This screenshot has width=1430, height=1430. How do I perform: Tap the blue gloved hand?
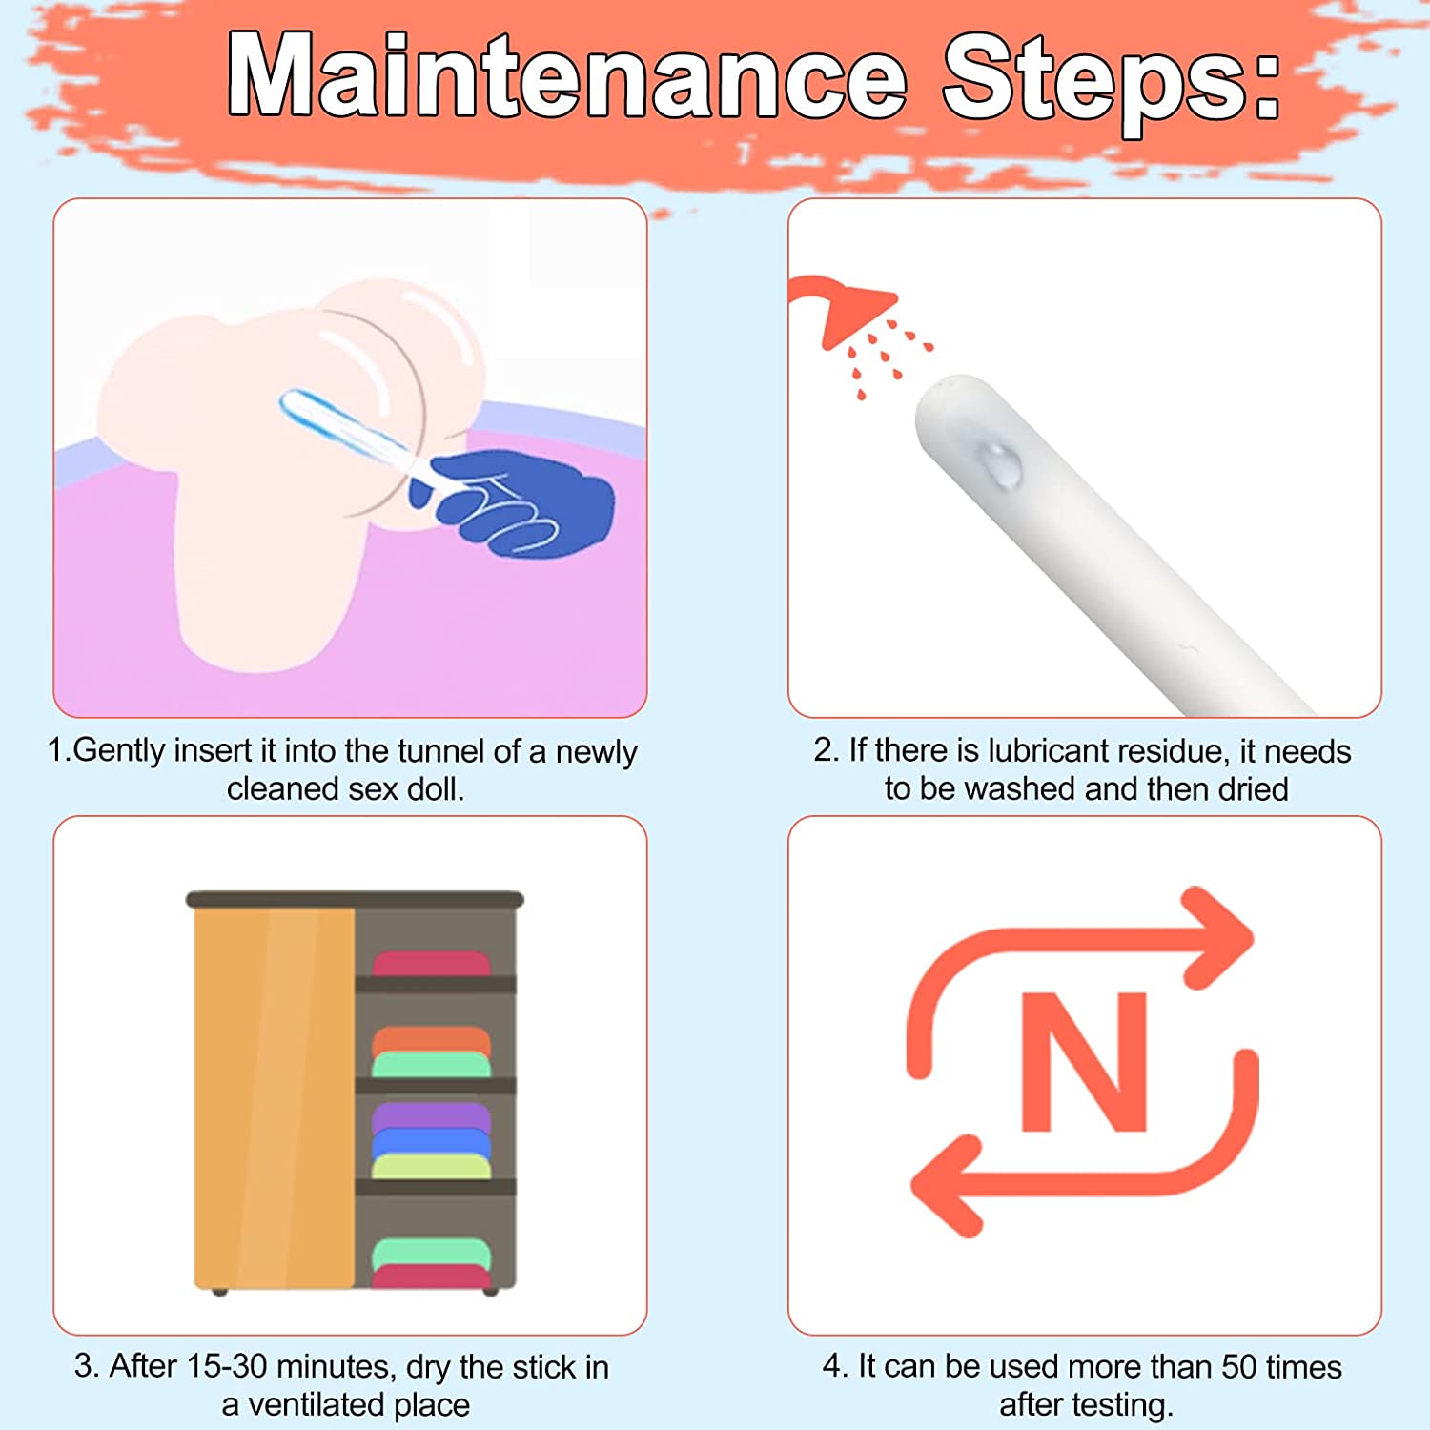(513, 502)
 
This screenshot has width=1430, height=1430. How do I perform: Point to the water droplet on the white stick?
(1000, 464)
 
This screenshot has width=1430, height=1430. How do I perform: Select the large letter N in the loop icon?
(1084, 1061)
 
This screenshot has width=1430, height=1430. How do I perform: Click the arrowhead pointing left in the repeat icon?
(949, 1186)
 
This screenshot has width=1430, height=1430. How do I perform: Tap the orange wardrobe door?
(275, 1097)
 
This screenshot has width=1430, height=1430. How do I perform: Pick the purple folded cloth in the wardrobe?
(431, 1115)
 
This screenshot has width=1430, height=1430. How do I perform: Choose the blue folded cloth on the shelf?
(431, 1142)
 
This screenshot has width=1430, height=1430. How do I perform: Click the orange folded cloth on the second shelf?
(431, 1039)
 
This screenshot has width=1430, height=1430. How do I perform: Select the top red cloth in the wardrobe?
(431, 963)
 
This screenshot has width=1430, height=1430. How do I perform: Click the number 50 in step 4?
(1239, 1366)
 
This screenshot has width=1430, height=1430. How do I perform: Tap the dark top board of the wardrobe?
(355, 899)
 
